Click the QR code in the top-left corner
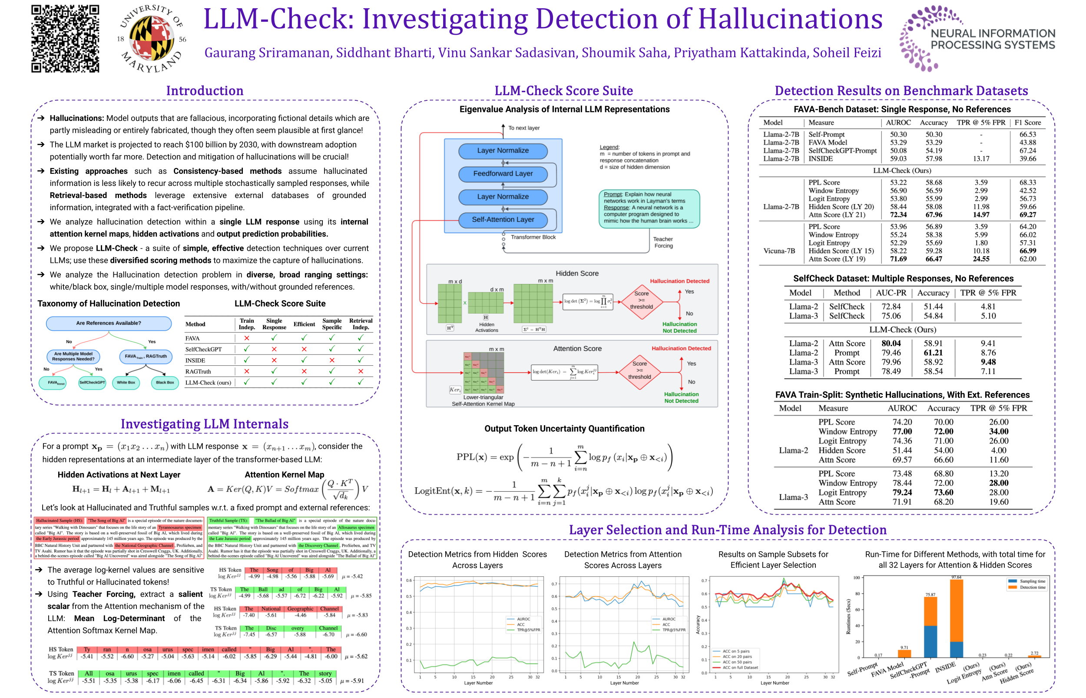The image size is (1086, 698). click(x=65, y=39)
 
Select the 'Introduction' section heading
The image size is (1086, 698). click(x=205, y=91)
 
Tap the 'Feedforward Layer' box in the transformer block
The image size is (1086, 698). click(x=503, y=174)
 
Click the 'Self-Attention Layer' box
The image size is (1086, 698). click(x=503, y=220)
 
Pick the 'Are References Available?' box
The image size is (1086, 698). click(x=108, y=323)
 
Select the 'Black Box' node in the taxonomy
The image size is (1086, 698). click(x=165, y=383)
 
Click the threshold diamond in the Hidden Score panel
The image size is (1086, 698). click(x=641, y=301)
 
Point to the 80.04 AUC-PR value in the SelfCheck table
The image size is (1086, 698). click(x=891, y=344)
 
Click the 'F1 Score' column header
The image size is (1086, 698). click(x=1027, y=123)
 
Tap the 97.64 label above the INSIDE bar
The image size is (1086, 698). click(x=956, y=577)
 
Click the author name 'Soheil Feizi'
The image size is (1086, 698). click(x=846, y=53)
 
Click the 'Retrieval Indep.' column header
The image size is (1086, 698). click(x=361, y=324)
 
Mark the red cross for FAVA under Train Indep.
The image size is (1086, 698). click(x=247, y=338)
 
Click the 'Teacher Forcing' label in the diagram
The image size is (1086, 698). click(x=662, y=242)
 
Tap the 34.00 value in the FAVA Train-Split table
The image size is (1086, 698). click(x=999, y=431)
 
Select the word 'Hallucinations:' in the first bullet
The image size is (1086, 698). click(x=76, y=118)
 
